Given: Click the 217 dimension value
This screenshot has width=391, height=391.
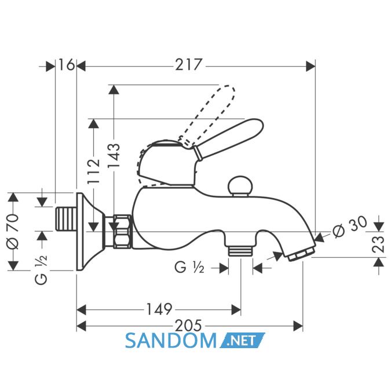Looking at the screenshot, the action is [x=188, y=65].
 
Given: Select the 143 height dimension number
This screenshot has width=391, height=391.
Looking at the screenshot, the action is [x=114, y=155].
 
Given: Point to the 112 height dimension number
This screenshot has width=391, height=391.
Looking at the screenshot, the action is [x=94, y=171].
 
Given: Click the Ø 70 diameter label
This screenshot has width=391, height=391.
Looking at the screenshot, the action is [x=13, y=231].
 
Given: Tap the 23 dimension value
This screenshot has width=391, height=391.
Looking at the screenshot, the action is [x=378, y=244].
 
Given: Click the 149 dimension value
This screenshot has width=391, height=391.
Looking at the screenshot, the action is [x=159, y=309].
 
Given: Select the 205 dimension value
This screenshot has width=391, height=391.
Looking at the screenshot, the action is [x=188, y=326].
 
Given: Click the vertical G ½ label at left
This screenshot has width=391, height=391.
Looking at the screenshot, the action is [x=41, y=269].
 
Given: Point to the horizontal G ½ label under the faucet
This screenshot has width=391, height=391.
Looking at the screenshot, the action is [x=189, y=268].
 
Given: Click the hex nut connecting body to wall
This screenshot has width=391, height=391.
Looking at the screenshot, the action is [x=122, y=232].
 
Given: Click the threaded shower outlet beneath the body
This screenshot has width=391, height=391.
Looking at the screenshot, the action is [x=240, y=251].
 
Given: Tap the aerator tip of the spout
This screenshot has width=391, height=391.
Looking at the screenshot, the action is [x=301, y=254].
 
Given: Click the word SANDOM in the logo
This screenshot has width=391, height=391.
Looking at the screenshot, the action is [x=170, y=341].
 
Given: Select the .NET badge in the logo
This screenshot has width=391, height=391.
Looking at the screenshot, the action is [x=242, y=340].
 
